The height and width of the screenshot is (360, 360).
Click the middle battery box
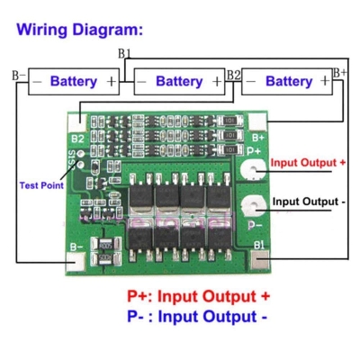pos(179,81)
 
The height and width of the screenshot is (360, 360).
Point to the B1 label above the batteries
pos(125,55)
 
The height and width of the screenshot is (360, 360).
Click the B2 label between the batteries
pos(233,73)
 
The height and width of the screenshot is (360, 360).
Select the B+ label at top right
pos(339,72)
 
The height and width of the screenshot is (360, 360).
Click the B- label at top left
pos(18,72)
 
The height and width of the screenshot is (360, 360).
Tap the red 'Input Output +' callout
pos(309,163)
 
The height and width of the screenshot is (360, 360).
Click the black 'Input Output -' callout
pos(309,202)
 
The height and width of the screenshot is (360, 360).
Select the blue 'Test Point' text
pos(41,185)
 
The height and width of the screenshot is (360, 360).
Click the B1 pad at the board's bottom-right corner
pos(259,262)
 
